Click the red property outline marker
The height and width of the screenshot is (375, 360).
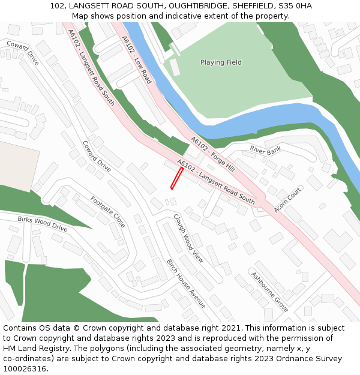[176, 178]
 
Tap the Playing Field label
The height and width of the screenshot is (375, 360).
[221, 62]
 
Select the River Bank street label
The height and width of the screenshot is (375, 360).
[265, 149]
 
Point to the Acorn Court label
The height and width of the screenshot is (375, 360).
[287, 199]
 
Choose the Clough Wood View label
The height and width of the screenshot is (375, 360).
[188, 238]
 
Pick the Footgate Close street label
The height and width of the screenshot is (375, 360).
[108, 211]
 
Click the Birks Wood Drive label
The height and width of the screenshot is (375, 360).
[42, 224]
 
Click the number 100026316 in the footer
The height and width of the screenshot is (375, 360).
[25, 368]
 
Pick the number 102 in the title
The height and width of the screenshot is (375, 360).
[57, 6]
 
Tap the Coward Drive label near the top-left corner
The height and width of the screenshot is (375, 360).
[23, 53]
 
